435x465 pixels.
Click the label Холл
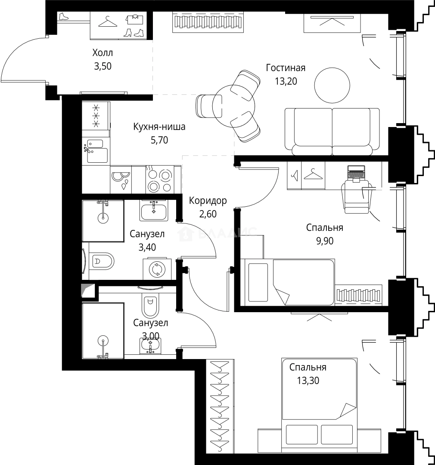click(103, 53)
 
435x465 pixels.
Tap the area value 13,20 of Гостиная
click(286, 81)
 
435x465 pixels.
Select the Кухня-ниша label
click(159, 127)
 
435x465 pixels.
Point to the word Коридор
click(208, 201)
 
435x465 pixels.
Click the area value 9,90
click(325, 241)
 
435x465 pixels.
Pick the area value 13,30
click(308, 380)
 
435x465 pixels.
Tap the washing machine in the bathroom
click(157, 269)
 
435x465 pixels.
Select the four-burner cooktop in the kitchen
click(160, 179)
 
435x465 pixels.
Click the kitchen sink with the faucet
click(96, 151)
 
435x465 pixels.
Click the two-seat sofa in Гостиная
click(332, 132)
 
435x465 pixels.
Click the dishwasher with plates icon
click(121, 180)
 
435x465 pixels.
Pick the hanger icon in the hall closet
click(107, 22)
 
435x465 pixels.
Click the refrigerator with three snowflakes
click(96, 116)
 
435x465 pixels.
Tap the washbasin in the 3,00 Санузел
click(150, 345)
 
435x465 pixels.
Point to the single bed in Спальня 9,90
click(288, 282)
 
